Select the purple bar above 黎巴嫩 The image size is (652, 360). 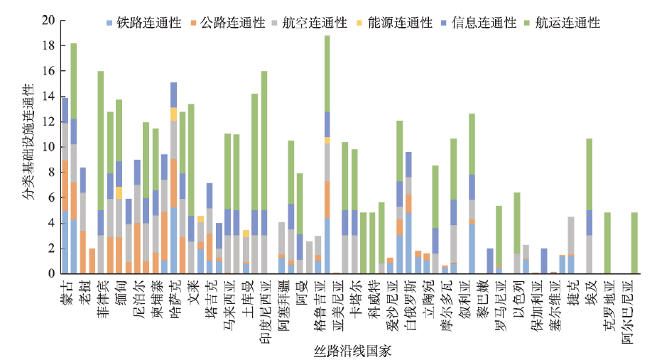pos(489,261)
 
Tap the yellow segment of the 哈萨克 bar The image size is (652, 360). pos(173,114)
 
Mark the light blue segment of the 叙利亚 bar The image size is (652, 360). pos(472,249)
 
